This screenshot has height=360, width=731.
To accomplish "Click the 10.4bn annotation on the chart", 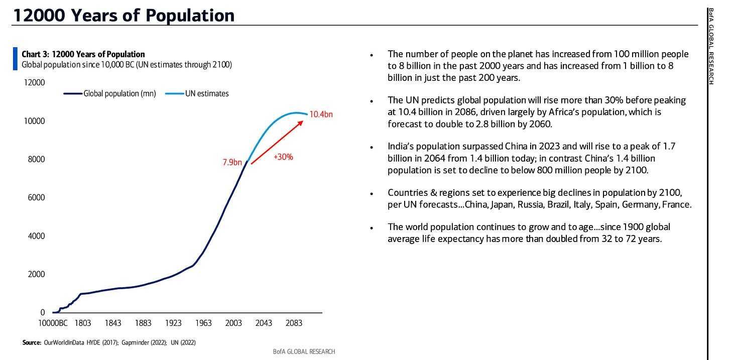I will [321, 114].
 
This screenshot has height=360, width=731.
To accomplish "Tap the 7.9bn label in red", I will [232, 162].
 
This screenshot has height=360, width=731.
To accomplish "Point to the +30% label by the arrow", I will [283, 157].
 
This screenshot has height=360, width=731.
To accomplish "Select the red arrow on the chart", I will [277, 142].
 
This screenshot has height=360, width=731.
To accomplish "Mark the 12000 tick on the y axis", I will [34, 82].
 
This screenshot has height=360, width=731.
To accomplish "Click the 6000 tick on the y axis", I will [36, 197].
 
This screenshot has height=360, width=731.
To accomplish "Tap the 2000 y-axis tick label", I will [36, 274].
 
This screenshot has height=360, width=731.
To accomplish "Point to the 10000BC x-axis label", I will [53, 323].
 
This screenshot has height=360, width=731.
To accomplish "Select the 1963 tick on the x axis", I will [203, 323].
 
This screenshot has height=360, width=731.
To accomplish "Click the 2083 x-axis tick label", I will [294, 323].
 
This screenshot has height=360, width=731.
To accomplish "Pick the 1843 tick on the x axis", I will [113, 323].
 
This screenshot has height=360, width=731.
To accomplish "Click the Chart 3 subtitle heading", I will [83, 54].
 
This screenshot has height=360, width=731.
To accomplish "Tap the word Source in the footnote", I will [31, 342].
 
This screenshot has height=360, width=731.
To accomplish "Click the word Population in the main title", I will [190, 16].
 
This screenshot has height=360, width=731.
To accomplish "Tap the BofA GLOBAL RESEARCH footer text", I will [304, 351].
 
